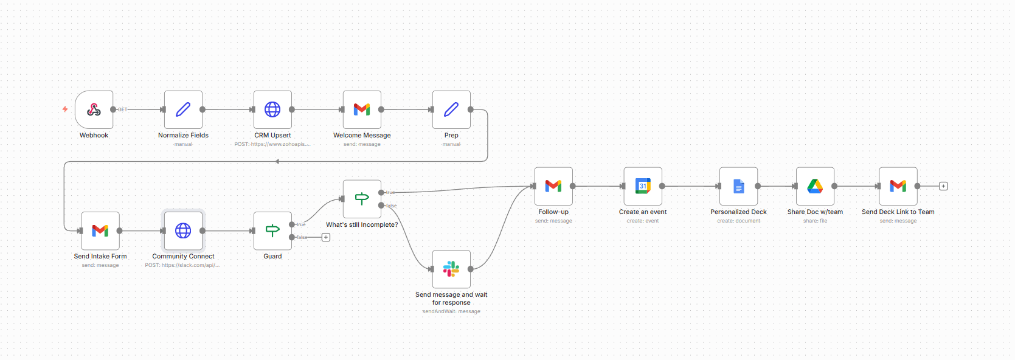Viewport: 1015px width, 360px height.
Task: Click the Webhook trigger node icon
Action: tap(94, 109)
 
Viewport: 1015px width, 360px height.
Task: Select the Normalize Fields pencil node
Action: tap(183, 109)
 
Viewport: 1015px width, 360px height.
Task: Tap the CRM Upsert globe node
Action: tap(272, 109)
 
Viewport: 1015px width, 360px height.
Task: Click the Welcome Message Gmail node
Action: tap(362, 109)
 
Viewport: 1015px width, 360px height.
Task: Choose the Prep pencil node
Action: tap(451, 109)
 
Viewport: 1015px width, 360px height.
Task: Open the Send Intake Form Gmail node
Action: tap(100, 230)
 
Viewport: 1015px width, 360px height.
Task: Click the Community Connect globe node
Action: tap(183, 230)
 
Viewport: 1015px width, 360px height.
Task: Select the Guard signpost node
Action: tap(272, 230)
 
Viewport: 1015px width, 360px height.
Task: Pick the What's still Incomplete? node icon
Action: tap(362, 199)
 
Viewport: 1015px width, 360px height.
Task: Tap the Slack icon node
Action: tap(451, 269)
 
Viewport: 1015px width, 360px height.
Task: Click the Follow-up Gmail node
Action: tap(553, 186)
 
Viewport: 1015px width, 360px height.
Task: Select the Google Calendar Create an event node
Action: tap(643, 186)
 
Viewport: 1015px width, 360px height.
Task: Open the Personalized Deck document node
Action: tap(738, 186)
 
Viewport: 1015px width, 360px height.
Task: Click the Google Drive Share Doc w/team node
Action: tap(815, 186)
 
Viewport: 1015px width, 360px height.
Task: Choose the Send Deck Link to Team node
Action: tap(898, 186)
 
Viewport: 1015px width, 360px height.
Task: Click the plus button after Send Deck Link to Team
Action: tap(943, 186)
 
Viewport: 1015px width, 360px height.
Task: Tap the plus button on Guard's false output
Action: tap(326, 237)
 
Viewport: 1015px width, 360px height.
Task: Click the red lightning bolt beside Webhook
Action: tap(65, 109)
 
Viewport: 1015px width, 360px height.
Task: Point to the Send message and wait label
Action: tap(451, 298)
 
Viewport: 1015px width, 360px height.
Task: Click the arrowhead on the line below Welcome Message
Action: tap(277, 161)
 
